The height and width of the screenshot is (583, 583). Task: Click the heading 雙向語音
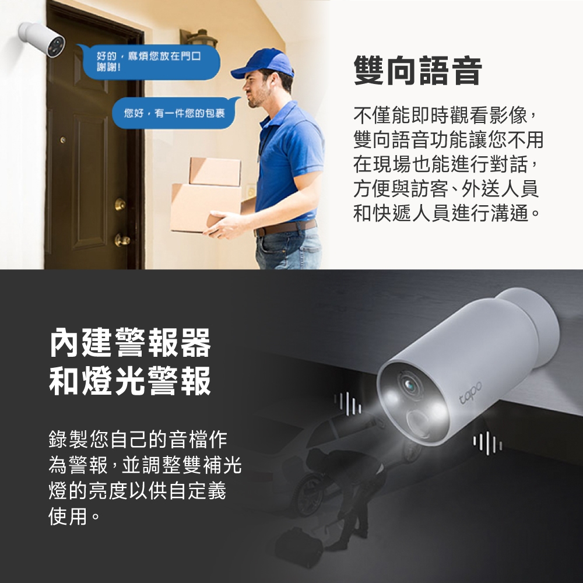(418, 71)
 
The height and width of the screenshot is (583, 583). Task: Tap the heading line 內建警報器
(130, 342)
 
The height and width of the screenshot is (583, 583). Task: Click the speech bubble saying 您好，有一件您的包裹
(174, 113)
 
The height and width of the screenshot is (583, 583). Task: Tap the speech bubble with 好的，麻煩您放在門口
(149, 62)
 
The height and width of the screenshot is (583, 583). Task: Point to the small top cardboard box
(215, 171)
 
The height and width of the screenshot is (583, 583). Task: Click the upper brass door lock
(120, 204)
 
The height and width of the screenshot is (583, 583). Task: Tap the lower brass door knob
(122, 240)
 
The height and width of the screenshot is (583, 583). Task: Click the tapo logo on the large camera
(470, 392)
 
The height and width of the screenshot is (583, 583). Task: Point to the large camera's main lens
(409, 385)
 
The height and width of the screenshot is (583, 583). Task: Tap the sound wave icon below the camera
(487, 443)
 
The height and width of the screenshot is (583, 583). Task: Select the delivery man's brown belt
(286, 227)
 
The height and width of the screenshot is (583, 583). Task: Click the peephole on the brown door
(63, 140)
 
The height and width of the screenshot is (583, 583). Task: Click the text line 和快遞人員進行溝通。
(447, 213)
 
